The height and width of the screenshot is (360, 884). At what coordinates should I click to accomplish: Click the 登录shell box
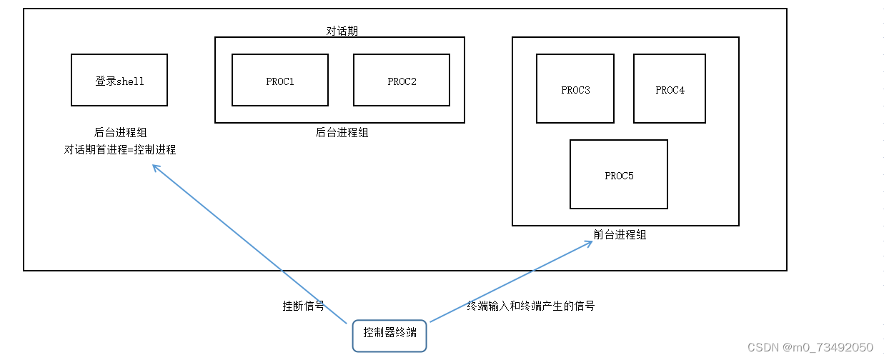(119, 80)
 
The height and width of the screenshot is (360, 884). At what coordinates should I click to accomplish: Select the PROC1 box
(280, 80)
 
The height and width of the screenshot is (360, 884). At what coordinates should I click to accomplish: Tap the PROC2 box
(402, 80)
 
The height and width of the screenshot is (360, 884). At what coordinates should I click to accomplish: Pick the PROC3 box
(575, 89)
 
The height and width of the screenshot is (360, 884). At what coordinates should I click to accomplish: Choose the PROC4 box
(670, 89)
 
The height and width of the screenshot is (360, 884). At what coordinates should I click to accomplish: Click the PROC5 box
(619, 174)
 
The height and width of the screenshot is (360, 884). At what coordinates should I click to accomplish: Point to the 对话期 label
(342, 31)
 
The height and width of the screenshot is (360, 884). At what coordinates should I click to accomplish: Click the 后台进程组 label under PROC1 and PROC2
(342, 132)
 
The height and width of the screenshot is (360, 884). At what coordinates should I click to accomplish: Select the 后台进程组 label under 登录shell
(120, 132)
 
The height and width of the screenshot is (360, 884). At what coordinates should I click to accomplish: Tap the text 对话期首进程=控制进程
(120, 150)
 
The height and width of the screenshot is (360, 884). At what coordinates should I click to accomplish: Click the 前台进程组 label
(620, 234)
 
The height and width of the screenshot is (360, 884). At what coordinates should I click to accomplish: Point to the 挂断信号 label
(304, 306)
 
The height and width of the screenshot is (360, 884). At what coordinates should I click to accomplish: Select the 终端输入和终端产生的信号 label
(531, 306)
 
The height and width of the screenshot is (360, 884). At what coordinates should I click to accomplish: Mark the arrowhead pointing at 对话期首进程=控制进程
(155, 168)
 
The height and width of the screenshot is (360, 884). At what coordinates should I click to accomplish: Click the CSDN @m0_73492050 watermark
(810, 347)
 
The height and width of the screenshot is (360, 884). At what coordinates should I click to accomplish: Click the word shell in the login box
(131, 81)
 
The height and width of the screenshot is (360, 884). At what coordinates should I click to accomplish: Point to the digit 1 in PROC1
(292, 81)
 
